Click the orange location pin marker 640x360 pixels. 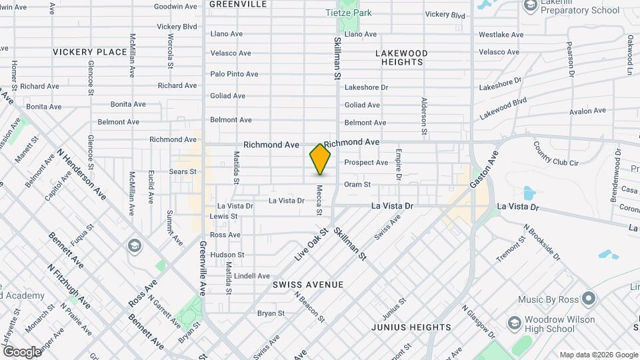(321, 159)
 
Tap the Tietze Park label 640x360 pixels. (348, 13)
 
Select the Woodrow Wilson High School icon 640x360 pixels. (514, 323)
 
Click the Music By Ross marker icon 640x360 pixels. (588, 297)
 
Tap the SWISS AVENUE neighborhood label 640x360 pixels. (308, 285)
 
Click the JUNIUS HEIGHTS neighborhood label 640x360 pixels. (411, 327)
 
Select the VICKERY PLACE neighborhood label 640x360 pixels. (90, 52)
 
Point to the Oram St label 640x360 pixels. (357, 185)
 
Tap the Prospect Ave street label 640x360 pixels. (366, 163)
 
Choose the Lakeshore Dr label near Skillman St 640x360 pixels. (366, 87)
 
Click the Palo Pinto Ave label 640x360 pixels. (234, 74)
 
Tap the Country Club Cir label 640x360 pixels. (556, 160)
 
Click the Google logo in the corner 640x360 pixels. (21, 351)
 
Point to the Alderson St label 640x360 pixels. (423, 111)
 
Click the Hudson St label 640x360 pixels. (227, 255)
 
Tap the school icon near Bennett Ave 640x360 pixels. (135, 247)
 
